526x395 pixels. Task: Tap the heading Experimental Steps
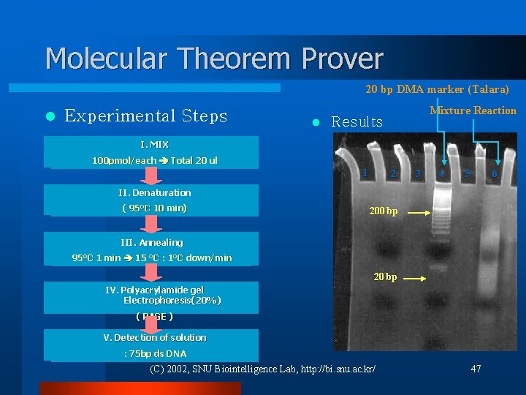145,116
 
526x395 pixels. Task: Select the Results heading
357,122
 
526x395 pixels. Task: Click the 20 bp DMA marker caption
437,89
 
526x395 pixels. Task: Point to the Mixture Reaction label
473,110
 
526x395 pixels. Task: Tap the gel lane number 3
417,174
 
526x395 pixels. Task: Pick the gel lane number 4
442,174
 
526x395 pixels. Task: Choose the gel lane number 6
495,174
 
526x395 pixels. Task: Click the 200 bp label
384,211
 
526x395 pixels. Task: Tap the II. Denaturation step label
154,193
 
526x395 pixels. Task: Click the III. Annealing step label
152,242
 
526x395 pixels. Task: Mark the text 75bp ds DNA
155,354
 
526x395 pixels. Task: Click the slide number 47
476,369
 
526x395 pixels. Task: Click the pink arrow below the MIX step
151,176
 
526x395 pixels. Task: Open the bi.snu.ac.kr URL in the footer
343,369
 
